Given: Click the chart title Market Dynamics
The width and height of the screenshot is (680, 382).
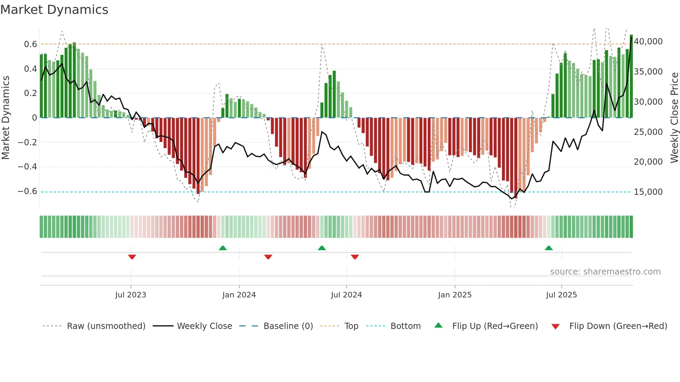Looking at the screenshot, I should [54, 10].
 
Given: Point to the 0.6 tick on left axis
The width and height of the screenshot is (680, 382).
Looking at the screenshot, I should [31, 44].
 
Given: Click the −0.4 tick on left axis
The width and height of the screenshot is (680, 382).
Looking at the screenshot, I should [27, 167].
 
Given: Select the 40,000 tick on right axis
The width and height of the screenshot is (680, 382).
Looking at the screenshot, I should [648, 42].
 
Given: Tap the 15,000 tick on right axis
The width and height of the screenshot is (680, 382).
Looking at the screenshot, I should [648, 192].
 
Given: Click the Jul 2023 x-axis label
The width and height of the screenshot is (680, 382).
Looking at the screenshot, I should [130, 295].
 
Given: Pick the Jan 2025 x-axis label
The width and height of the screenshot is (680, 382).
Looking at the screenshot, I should [454, 295].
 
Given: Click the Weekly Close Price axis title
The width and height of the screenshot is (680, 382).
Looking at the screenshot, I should [674, 118].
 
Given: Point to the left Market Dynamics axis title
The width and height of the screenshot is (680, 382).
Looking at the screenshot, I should [6, 118].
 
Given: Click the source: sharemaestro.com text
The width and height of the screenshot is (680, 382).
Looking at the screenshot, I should [605, 272].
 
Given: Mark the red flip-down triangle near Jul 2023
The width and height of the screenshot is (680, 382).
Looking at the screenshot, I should [132, 257].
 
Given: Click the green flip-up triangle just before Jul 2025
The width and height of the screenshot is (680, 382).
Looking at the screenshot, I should [549, 248].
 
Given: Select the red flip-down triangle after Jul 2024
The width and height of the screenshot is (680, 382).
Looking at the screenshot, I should [355, 257].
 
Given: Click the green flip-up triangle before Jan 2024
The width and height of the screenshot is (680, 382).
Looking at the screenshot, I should [223, 248].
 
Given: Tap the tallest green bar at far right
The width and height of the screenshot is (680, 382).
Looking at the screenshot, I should [631, 76].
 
